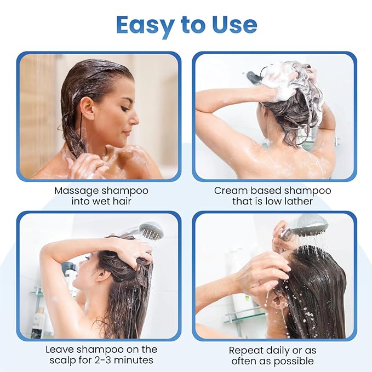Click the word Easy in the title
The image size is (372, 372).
click(144, 25)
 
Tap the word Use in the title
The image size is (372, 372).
click(233, 25)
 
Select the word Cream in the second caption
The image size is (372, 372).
click(228, 191)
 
